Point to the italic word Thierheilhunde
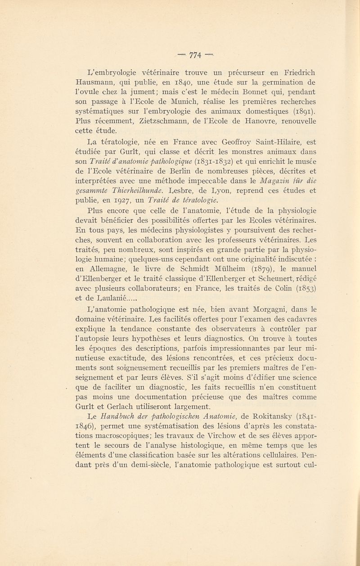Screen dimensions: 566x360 139,201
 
